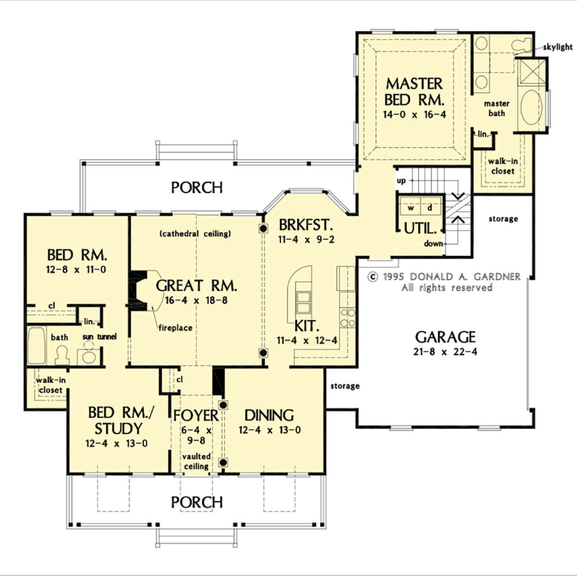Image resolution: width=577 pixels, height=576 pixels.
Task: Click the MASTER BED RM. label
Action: (414, 92)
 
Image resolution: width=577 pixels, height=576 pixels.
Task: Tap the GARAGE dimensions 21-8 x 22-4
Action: (445, 352)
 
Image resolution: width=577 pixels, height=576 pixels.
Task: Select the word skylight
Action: (558, 47)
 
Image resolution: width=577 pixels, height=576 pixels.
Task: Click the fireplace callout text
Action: (176, 328)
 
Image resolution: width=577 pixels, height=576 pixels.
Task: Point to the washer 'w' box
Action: (411, 208)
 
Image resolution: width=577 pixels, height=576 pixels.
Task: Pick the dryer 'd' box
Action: (429, 208)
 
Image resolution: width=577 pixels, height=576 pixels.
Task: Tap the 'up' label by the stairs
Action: (401, 181)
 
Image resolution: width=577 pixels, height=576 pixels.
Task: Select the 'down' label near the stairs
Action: (433, 244)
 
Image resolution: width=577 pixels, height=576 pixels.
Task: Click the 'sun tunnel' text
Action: (100, 337)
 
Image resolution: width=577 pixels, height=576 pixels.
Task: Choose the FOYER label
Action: (196, 415)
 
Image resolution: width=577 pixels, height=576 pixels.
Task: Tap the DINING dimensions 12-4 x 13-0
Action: (269, 430)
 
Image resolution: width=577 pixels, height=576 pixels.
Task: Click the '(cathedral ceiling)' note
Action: (195, 234)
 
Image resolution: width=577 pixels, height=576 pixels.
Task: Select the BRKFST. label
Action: (305, 225)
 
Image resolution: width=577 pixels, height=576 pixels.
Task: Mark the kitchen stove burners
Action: (348, 318)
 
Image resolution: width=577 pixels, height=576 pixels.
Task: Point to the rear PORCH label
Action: (197, 187)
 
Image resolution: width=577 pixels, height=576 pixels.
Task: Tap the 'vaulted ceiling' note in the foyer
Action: (196, 461)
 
